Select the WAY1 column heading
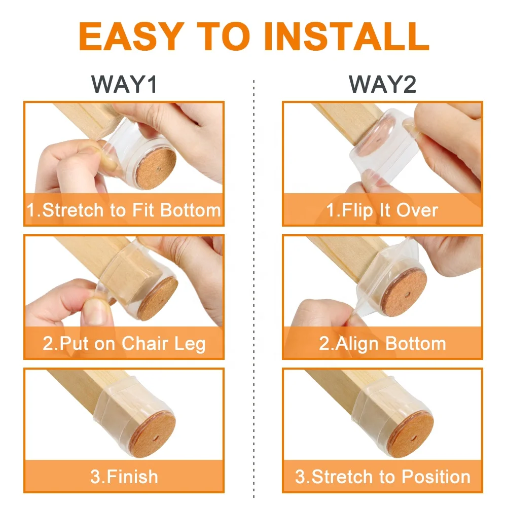tap(125, 84)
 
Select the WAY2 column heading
tap(383, 84)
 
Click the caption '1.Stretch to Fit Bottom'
tap(124, 210)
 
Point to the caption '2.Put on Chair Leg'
tap(124, 344)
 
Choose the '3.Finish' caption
tap(124, 477)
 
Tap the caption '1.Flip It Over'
tap(382, 210)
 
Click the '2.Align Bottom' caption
tap(382, 344)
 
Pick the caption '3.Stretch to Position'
tap(382, 477)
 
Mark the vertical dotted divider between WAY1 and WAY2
tap(253, 284)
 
